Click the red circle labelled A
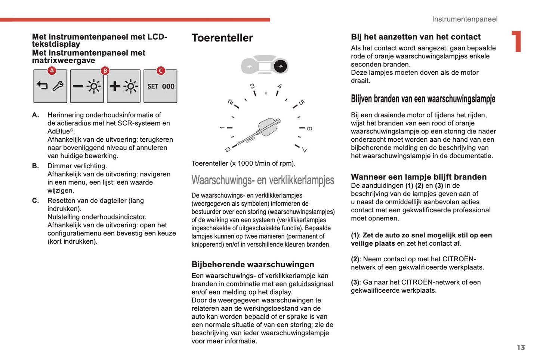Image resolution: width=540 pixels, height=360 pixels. click(52, 70)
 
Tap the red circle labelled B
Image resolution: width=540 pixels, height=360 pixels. click(105, 70)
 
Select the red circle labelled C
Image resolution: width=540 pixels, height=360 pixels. click(161, 70)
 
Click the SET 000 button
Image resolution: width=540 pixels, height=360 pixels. click(160, 86)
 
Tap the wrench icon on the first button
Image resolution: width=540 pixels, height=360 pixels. click(58, 86)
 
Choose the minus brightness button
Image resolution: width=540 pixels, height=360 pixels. click(87, 86)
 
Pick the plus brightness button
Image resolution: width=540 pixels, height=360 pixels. click(123, 86)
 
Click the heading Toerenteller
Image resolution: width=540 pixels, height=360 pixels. click(222, 38)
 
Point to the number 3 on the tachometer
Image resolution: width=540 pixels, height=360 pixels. click(252, 86)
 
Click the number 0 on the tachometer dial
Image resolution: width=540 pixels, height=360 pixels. click(228, 150)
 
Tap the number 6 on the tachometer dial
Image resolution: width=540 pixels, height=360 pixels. click(309, 129)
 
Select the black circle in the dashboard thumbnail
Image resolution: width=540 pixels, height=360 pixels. click(280, 67)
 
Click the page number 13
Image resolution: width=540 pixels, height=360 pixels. click(521, 347)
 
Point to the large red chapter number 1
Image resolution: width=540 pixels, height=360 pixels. click(516, 41)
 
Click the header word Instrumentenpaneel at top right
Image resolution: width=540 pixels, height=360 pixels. click(465, 19)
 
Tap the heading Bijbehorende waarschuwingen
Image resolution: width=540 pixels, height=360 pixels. click(253, 265)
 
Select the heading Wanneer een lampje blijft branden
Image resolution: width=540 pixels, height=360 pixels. click(419, 177)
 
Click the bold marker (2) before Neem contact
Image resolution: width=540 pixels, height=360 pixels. click(355, 259)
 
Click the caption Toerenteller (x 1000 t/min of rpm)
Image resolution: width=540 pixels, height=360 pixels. click(243, 163)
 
